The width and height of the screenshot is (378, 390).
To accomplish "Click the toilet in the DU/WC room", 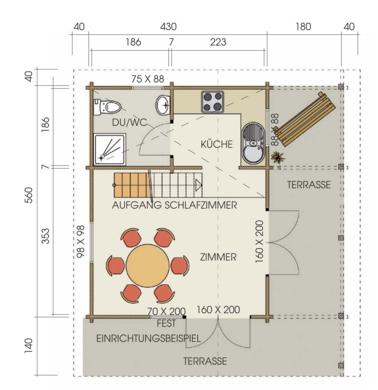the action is pos(107,107).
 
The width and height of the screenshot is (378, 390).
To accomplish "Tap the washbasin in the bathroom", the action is pos(163,105).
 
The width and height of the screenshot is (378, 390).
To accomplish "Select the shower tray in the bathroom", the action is pos(110,150).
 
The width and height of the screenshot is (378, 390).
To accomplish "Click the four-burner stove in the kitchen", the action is pos(213,102).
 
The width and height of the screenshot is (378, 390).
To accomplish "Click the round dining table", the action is pos(148,265).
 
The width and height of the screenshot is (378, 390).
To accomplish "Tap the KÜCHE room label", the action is pos(217,144).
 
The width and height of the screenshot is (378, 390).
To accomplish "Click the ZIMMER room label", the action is pos(218,257).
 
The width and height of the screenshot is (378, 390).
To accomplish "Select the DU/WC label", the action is pos(130,123).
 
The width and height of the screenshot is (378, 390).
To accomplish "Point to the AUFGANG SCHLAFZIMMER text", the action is pos(174,205).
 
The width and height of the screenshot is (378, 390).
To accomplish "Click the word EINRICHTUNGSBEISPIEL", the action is pos(149,339).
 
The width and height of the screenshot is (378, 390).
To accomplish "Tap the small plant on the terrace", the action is pos(278,157).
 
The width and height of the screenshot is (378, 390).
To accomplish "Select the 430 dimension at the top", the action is pos(168,27).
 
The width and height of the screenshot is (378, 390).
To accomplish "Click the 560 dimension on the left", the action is pos(29,195).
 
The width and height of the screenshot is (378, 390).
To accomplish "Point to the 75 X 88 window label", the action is pos(148,79).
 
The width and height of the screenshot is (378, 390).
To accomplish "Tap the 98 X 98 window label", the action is pos(81,242).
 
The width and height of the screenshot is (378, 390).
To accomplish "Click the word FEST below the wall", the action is pos(166,324).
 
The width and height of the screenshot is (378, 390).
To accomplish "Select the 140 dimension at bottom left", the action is pos(29,345).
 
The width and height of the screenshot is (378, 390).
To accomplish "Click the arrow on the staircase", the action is pos(199,185).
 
